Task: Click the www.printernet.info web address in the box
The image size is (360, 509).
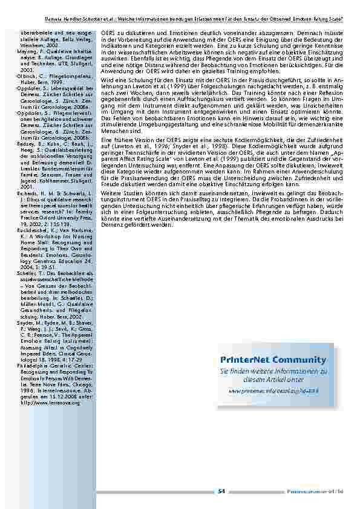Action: [x=273, y=391]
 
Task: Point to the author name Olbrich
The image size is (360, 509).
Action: [x=27, y=77]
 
